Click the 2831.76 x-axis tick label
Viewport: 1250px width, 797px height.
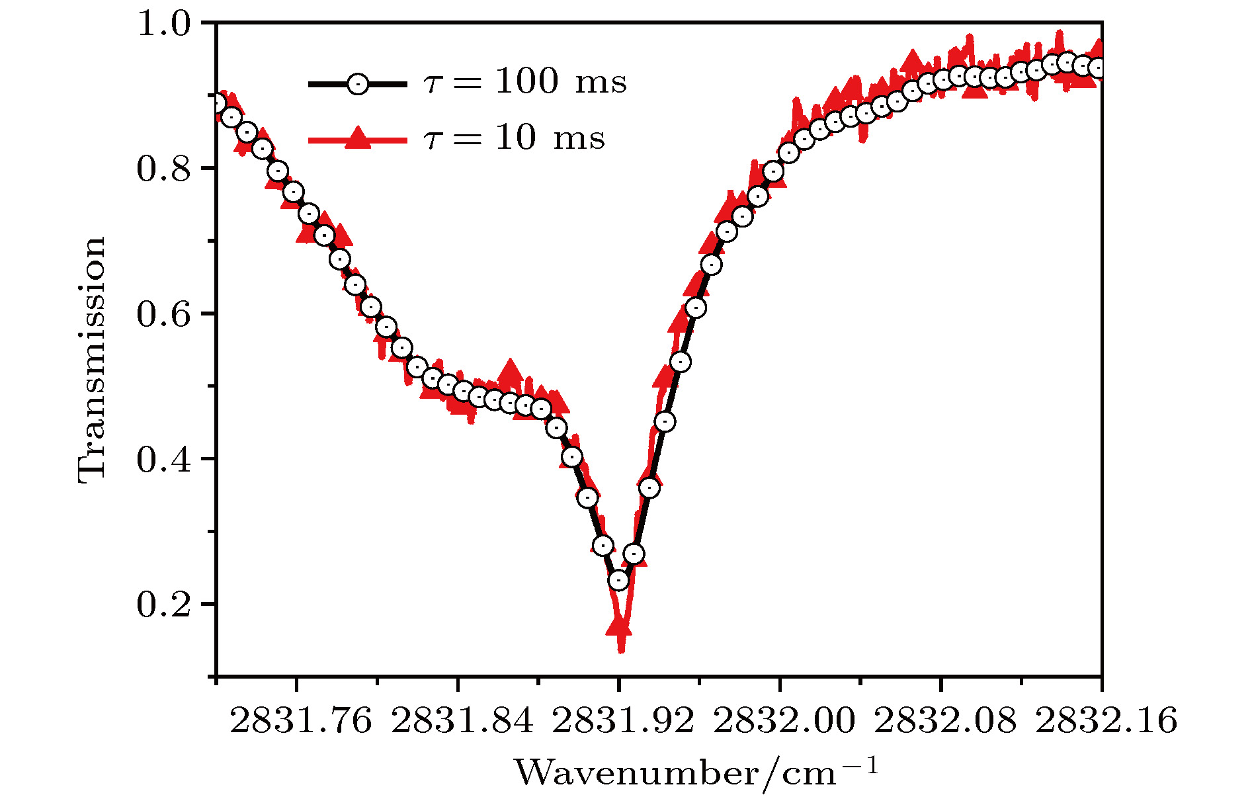click(301, 720)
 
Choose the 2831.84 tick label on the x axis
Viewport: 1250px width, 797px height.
click(462, 720)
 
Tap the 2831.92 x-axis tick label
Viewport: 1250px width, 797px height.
click(623, 720)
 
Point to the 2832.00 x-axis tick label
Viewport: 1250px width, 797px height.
click(784, 720)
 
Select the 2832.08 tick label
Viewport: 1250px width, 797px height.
click(945, 720)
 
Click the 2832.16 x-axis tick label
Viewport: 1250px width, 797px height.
click(1106, 720)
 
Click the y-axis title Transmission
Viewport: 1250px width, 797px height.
click(92, 360)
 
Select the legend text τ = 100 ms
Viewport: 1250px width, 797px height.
click(524, 82)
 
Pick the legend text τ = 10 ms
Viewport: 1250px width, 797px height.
click(514, 138)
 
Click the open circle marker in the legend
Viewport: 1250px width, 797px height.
click(358, 84)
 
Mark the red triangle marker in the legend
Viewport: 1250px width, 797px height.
click(358, 139)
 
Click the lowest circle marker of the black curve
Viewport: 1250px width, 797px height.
click(618, 581)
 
